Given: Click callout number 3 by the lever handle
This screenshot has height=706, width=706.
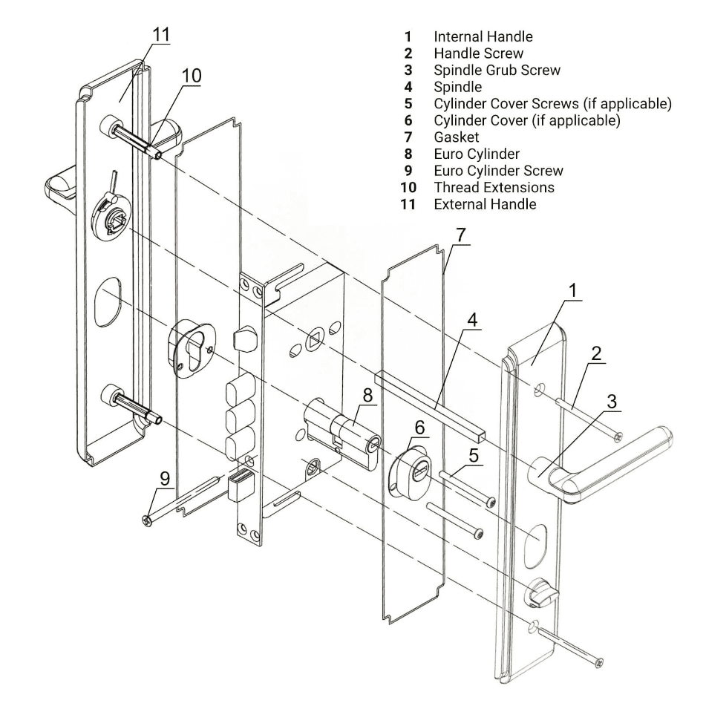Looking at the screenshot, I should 612,402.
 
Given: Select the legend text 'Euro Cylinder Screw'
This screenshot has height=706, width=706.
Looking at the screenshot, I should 498,170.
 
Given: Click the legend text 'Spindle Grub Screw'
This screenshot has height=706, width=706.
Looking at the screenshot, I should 497,70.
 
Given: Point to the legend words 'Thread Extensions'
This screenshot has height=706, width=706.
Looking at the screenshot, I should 494,187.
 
